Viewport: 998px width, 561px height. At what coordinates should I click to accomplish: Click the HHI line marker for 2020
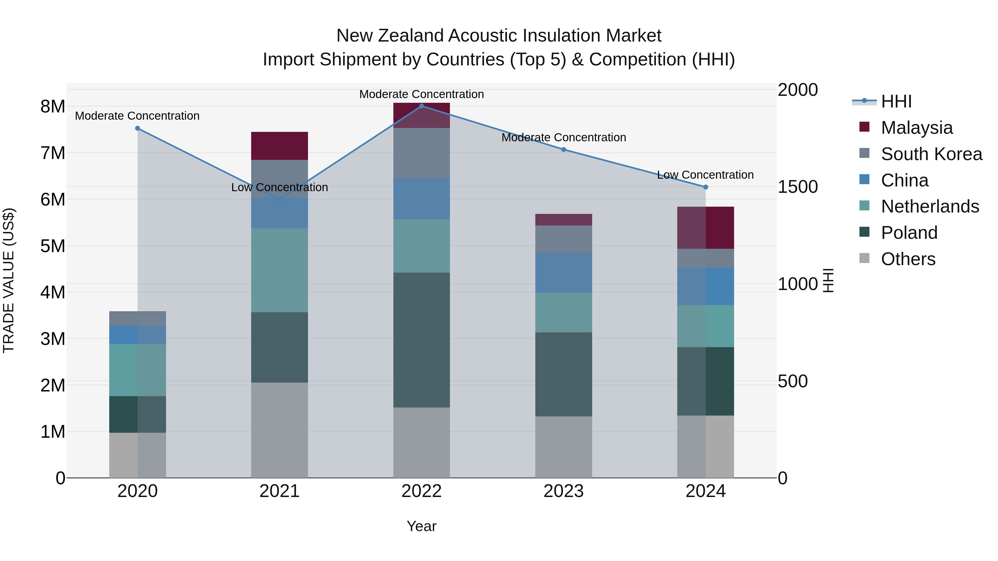point(138,128)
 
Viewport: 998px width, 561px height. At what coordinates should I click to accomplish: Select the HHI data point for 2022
point(421,106)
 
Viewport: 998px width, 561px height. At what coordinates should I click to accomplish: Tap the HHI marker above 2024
point(706,187)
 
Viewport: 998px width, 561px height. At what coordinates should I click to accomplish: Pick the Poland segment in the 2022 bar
point(421,340)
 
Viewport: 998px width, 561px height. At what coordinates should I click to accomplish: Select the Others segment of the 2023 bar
point(563,447)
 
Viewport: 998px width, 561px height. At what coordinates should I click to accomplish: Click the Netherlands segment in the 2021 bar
point(279,270)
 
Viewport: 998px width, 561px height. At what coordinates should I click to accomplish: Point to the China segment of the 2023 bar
point(563,273)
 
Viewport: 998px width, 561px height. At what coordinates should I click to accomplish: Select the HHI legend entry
point(896,101)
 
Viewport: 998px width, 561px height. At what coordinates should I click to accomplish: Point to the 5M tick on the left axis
point(53,246)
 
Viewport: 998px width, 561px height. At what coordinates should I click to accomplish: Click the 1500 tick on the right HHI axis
point(797,187)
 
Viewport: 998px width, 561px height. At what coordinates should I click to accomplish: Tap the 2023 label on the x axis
point(563,491)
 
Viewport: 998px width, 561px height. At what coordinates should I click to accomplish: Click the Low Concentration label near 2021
point(279,187)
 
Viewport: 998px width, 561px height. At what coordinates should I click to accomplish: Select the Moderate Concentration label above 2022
point(421,94)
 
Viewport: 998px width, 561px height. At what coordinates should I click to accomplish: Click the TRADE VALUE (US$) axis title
point(9,280)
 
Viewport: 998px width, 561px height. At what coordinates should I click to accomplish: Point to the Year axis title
point(421,526)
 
